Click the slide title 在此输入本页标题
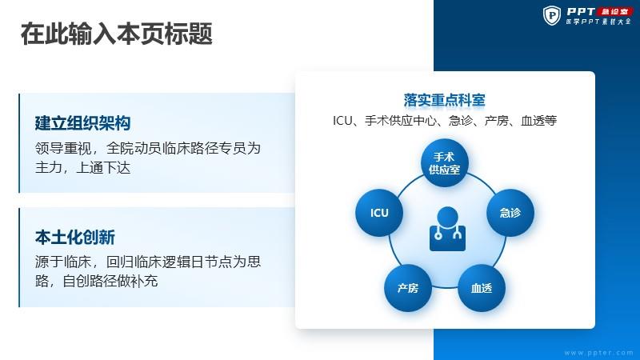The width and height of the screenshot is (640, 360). point(116,34)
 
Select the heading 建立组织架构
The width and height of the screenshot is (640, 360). point(82,123)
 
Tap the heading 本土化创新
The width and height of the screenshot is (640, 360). point(74,237)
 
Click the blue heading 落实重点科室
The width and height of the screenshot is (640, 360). point(445,100)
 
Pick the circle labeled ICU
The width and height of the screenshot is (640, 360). point(379,213)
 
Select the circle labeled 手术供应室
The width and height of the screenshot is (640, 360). point(445,163)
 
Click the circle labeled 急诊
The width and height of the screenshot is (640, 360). point(510,213)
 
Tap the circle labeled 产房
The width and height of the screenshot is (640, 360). point(408,288)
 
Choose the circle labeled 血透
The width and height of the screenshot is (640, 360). point(482,288)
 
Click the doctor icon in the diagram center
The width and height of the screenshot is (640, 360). point(447,229)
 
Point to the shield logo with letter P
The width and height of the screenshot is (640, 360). point(552,15)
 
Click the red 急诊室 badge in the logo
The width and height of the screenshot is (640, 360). point(614,11)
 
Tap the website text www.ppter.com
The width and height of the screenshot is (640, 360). point(598,353)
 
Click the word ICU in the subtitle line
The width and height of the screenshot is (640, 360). point(342,121)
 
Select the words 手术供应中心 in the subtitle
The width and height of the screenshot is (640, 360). point(400,121)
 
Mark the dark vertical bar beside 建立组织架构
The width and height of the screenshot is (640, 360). point(19,143)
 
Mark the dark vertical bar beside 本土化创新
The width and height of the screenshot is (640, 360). point(19,258)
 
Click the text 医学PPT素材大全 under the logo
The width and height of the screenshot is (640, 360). point(598,22)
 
